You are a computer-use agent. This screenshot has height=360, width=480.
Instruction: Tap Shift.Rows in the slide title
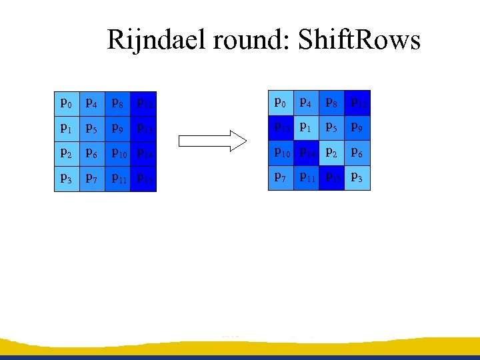(359, 41)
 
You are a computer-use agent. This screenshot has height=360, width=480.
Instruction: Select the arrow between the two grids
(213, 141)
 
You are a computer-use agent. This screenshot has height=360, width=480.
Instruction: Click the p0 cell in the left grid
(67, 103)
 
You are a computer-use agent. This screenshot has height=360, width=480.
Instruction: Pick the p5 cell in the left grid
(92, 129)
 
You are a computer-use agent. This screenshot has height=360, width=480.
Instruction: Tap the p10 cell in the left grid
(118, 154)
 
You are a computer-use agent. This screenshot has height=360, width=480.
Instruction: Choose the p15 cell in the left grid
(144, 179)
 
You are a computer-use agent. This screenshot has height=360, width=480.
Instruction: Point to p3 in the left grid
(67, 179)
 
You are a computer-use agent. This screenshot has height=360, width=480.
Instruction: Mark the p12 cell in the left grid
(144, 103)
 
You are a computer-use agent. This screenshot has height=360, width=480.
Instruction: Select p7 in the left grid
(92, 179)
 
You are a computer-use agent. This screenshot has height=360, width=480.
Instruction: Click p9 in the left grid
(118, 129)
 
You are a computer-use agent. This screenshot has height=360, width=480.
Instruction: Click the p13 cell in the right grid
(281, 127)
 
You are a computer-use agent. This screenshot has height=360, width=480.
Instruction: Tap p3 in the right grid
(357, 178)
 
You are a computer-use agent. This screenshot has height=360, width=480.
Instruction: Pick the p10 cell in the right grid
(281, 153)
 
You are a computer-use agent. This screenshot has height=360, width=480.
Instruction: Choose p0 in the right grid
(281, 103)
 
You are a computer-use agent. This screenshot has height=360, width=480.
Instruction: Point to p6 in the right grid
(357, 153)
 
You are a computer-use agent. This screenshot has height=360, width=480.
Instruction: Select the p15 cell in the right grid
(332, 178)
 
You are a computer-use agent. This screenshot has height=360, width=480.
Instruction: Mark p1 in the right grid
(306, 127)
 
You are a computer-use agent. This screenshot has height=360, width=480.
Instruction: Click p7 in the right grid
(281, 178)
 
